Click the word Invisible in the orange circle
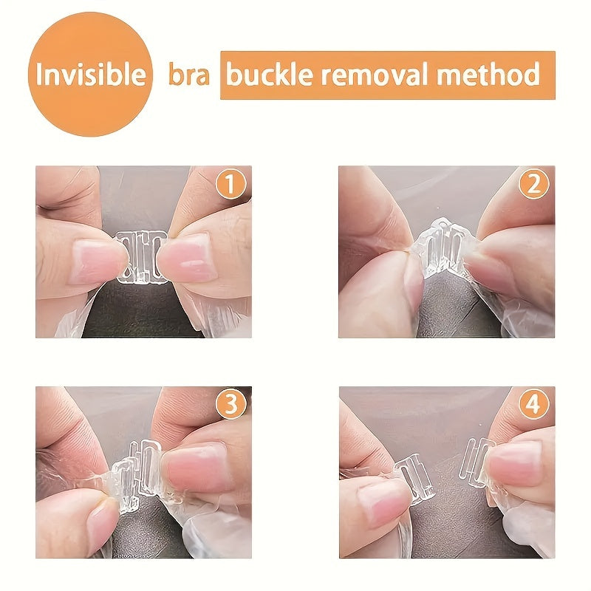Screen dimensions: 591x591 click(90, 75)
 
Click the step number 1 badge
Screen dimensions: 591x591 click(232, 185)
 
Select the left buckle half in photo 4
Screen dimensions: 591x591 click(411, 476)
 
